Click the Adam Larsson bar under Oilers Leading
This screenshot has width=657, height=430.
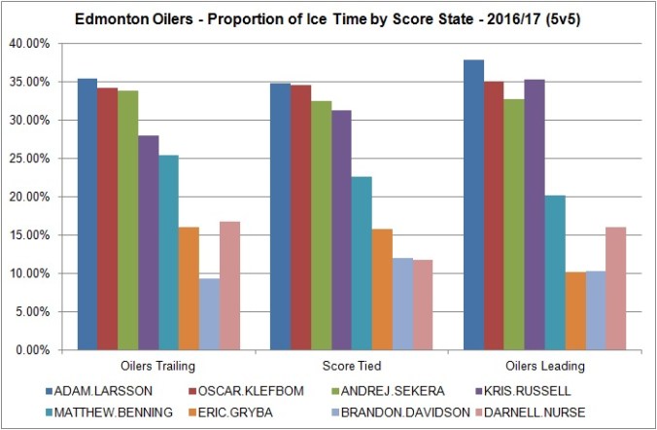pos(473,204)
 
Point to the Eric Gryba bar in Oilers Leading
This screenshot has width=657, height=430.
pos(574,310)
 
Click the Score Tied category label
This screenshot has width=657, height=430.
pos(350,367)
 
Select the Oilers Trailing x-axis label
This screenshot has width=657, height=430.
pos(157,367)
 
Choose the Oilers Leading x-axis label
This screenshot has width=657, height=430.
pos(543,367)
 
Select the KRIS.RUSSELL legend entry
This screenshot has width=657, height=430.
pos(538,392)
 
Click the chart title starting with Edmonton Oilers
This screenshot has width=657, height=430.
pos(328,18)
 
